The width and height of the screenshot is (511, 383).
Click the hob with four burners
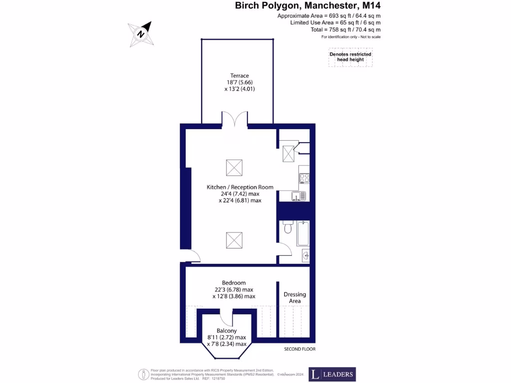pos(304,178)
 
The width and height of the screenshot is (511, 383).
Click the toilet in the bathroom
pos(287,227)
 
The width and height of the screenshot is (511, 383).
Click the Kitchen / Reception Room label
pos(240,188)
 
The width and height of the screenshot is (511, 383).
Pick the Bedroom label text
pos(234,283)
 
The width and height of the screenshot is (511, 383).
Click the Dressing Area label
pos(294,298)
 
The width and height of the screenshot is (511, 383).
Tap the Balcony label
pos(227,331)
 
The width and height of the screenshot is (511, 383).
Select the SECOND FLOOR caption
pos(299,349)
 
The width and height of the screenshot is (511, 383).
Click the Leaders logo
pos(332,374)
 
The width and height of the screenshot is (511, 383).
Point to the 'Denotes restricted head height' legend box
pos(350,57)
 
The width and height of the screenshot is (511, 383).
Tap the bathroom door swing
pos(283,248)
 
